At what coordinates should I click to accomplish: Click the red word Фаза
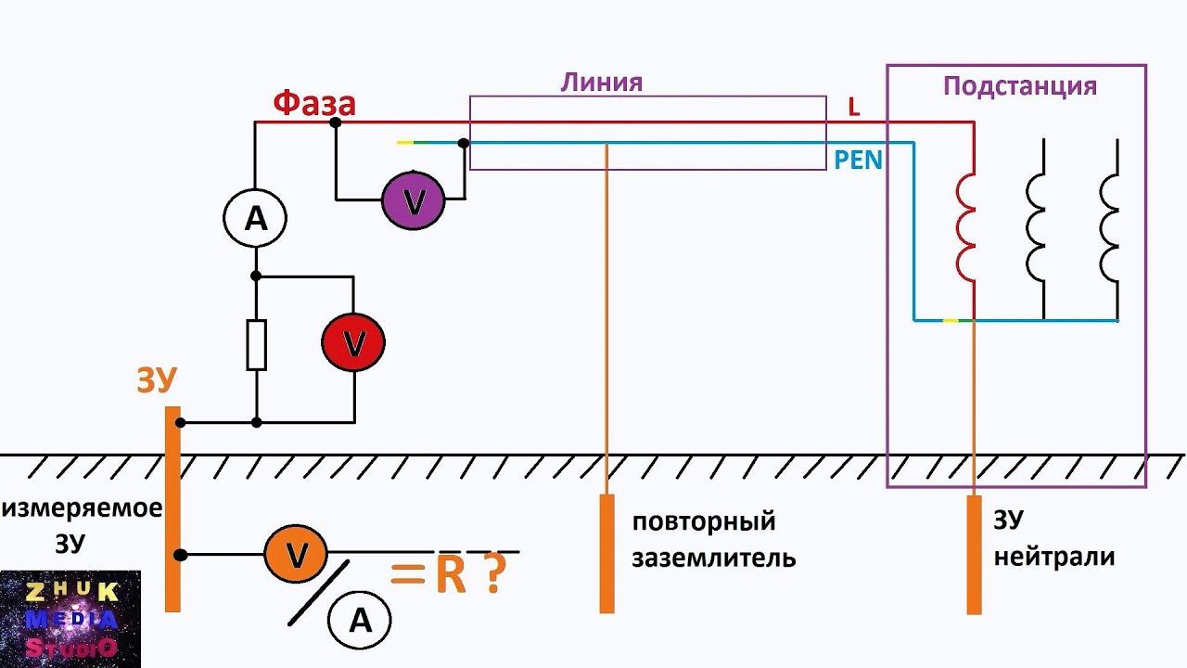point(314,104)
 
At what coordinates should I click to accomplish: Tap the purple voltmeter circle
point(414,199)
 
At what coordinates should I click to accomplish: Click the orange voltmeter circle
point(296,555)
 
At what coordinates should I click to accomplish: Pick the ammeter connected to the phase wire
point(255,219)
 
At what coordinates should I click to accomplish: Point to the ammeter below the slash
point(360,621)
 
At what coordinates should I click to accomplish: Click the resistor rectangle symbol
point(256,345)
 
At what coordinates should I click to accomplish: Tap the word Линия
point(601,83)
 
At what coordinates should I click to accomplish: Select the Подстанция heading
point(1019,86)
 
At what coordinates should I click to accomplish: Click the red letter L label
point(854,108)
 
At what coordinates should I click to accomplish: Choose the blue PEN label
point(858,160)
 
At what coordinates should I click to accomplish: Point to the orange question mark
point(493,576)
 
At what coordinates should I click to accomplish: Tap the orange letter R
point(451,576)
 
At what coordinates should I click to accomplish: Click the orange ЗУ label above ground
point(157,380)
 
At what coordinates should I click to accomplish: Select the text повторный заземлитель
point(713,539)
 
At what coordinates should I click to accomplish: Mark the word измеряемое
point(82,508)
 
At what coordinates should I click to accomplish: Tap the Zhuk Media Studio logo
point(70,619)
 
